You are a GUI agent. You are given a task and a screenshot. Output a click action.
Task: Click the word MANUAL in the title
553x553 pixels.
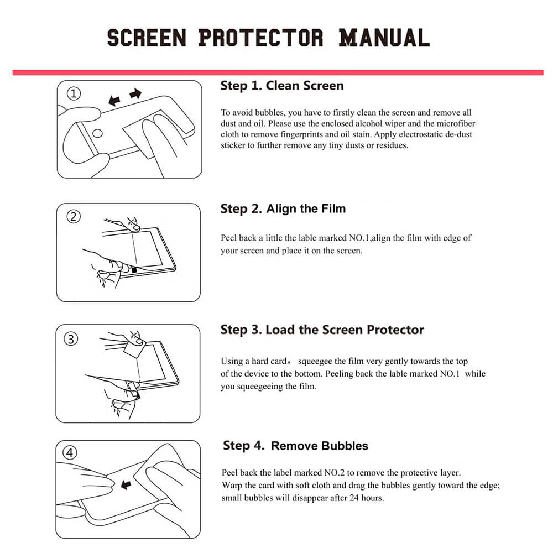384,38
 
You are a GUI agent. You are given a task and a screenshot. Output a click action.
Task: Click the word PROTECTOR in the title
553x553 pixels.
260,38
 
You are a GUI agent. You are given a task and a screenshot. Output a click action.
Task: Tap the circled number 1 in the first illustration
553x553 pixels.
74,94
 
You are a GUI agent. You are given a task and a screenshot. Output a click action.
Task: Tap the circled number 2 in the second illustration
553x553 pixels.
74,217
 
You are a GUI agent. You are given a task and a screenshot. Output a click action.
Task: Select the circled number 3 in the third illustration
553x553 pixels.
71,339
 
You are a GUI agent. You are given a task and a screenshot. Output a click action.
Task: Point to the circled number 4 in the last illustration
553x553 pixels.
70,453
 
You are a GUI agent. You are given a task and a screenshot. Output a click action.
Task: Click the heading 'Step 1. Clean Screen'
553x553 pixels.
282,86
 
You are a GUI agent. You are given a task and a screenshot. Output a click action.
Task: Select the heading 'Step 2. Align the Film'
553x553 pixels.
283,209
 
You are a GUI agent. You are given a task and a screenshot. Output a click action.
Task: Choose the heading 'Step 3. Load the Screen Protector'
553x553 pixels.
322,330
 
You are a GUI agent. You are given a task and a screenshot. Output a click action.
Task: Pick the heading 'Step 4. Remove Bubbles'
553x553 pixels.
295,446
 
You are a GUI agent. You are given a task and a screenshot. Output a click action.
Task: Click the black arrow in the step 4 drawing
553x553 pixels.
126,484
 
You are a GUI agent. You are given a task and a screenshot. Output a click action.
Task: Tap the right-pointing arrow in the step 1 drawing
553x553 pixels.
135,94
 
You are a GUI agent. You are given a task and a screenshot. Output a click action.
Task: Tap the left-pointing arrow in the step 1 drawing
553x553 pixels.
114,101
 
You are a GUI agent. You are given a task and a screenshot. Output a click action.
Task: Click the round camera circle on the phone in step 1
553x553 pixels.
97,133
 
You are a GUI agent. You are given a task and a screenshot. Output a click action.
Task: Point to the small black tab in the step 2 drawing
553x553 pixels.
134,270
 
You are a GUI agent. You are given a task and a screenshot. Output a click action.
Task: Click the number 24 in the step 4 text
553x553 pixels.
354,498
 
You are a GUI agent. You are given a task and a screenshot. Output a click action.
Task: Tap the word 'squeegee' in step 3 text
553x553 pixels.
315,362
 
